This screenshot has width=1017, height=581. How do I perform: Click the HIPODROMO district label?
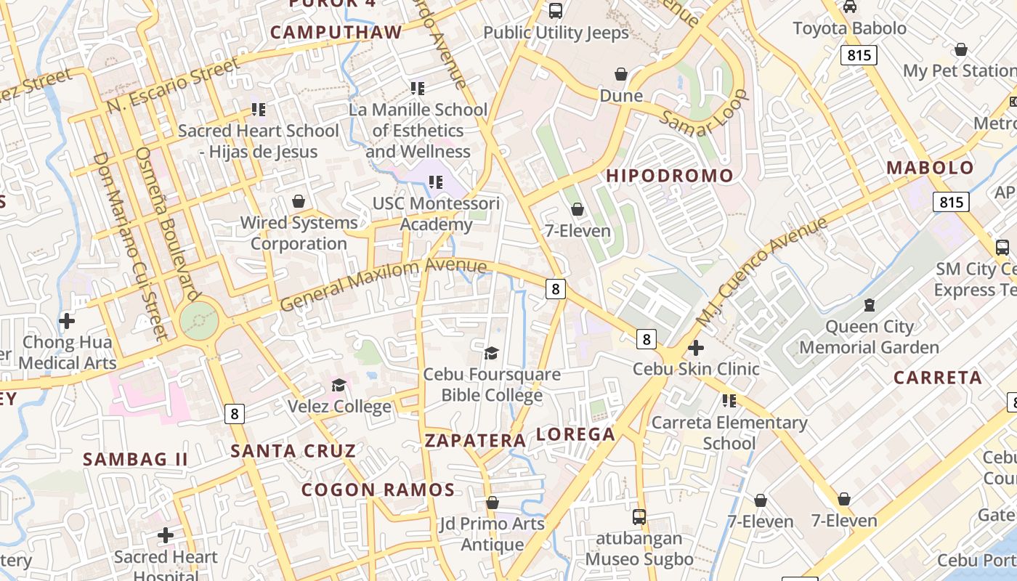pyautogui.click(x=670, y=176)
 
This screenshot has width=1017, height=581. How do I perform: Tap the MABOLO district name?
pyautogui.click(x=930, y=168)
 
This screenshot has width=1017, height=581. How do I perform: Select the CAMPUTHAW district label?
pyautogui.click(x=336, y=33)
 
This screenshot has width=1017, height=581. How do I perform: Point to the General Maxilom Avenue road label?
pyautogui.click(x=383, y=283)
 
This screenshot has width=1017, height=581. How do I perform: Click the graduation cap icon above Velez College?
pyautogui.click(x=339, y=384)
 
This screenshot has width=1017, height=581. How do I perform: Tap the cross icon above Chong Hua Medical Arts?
pyautogui.click(x=67, y=320)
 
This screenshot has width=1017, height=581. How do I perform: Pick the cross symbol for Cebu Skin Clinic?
pyautogui.click(x=696, y=348)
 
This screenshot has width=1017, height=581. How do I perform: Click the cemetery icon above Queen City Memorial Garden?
pyautogui.click(x=869, y=305)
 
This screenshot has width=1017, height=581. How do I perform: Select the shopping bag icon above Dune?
pyautogui.click(x=621, y=74)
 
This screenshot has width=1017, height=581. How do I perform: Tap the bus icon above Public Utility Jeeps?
pyautogui.click(x=556, y=10)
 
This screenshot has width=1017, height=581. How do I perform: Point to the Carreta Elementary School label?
pyautogui.click(x=729, y=433)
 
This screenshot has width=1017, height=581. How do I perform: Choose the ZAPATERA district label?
pyautogui.click(x=475, y=441)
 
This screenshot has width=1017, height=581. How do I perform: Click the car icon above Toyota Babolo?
pyautogui.click(x=849, y=7)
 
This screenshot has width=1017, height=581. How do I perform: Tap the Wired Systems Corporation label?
pyautogui.click(x=299, y=233)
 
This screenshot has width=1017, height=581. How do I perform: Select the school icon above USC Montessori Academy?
pyautogui.click(x=436, y=182)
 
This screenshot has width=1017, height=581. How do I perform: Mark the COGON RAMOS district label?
pyautogui.click(x=378, y=489)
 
